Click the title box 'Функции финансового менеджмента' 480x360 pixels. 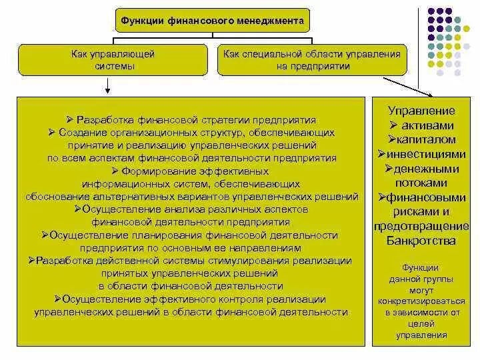pos(213,21)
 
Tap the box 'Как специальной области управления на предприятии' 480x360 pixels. pos(312,59)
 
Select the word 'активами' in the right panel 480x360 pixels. pos(428,125)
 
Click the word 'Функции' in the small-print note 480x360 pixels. pos(421,267)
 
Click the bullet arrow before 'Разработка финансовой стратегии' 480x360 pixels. pos(70,120)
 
